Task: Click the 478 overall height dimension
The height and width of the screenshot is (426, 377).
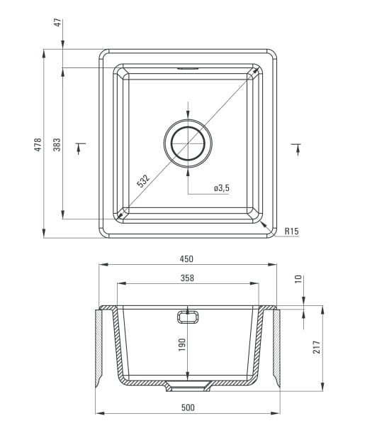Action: pyautogui.click(x=38, y=144)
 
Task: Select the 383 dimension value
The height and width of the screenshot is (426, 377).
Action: pyautogui.click(x=57, y=144)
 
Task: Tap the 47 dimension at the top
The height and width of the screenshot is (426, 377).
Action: pyautogui.click(x=58, y=22)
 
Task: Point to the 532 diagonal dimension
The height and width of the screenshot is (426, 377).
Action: pyautogui.click(x=143, y=181)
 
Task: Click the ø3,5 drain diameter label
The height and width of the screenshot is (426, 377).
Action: pyautogui.click(x=222, y=187)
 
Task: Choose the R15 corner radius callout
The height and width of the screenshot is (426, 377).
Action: pyautogui.click(x=291, y=231)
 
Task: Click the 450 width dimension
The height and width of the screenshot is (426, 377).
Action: pyautogui.click(x=186, y=259)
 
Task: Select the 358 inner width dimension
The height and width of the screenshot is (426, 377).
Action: pyautogui.click(x=187, y=278)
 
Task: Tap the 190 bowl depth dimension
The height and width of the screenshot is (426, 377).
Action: pyautogui.click(x=182, y=344)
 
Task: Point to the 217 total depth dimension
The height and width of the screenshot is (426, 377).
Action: pyautogui.click(x=317, y=347)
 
